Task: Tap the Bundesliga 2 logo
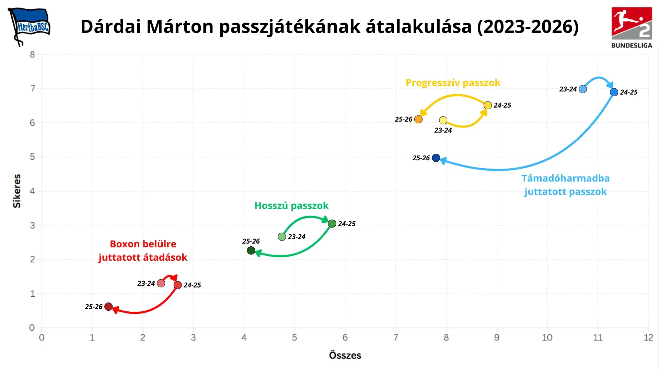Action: [x=632, y=27]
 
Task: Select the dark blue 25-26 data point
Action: [x=436, y=158]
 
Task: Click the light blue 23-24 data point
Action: [x=583, y=89]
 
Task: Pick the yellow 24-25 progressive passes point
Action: [x=488, y=105]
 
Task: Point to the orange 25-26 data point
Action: [x=418, y=119]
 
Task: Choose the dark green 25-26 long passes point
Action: [x=251, y=250]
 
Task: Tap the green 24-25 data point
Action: [x=332, y=224]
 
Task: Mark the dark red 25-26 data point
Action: [x=108, y=307]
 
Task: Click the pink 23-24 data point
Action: [x=161, y=283]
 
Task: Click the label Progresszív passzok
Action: [x=453, y=83]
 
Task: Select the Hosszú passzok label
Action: [x=291, y=206]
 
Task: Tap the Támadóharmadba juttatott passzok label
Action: [x=565, y=185]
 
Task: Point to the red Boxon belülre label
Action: [x=143, y=244]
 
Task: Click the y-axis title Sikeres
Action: [x=17, y=191]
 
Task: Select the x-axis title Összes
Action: [x=345, y=355]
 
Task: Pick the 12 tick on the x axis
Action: [x=648, y=337]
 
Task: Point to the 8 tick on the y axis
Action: [x=32, y=54]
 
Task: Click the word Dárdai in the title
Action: [x=111, y=26]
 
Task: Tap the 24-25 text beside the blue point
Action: [x=628, y=92]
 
